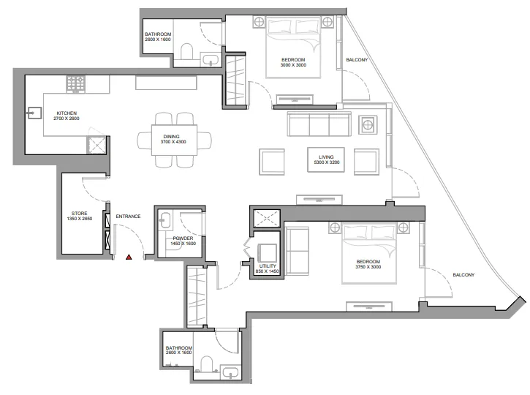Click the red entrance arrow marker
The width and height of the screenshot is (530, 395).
click(x=129, y=257)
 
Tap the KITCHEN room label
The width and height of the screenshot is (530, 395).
click(x=67, y=113)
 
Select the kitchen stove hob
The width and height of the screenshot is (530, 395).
click(x=76, y=83)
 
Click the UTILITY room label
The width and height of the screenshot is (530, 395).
click(x=268, y=266)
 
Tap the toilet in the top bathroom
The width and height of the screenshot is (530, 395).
click(x=186, y=51)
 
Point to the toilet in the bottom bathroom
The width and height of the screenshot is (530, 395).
click(x=207, y=365)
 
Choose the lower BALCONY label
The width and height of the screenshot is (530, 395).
click(x=463, y=275)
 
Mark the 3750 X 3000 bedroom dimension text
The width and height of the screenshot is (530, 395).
click(x=368, y=268)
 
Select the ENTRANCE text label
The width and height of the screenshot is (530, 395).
click(x=128, y=216)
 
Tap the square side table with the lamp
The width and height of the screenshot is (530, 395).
click(x=366, y=126)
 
